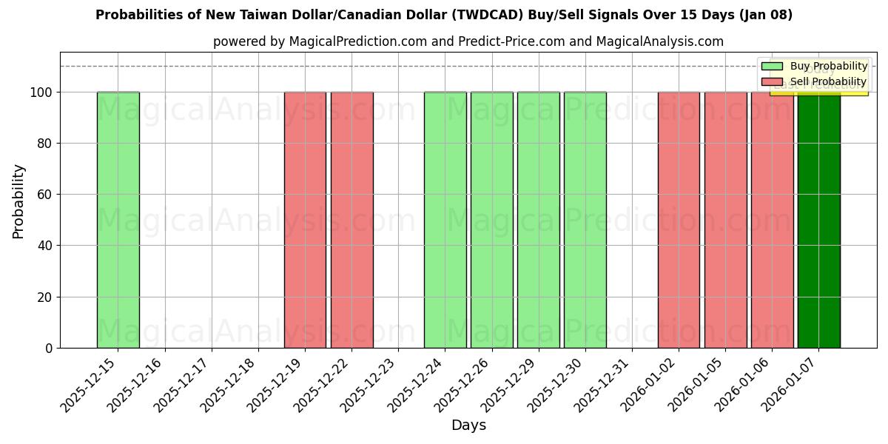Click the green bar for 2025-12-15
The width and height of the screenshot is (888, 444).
(118, 220)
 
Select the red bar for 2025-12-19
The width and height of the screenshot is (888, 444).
(305, 220)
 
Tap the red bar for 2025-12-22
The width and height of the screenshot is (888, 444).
(351, 220)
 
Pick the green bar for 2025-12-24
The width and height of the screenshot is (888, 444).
(445, 220)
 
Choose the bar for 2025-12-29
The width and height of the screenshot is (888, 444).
(538, 220)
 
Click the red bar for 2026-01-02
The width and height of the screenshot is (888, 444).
(679, 220)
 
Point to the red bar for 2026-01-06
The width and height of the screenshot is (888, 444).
(772, 220)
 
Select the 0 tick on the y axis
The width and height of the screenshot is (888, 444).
(48, 348)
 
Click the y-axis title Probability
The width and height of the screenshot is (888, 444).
(18, 201)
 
